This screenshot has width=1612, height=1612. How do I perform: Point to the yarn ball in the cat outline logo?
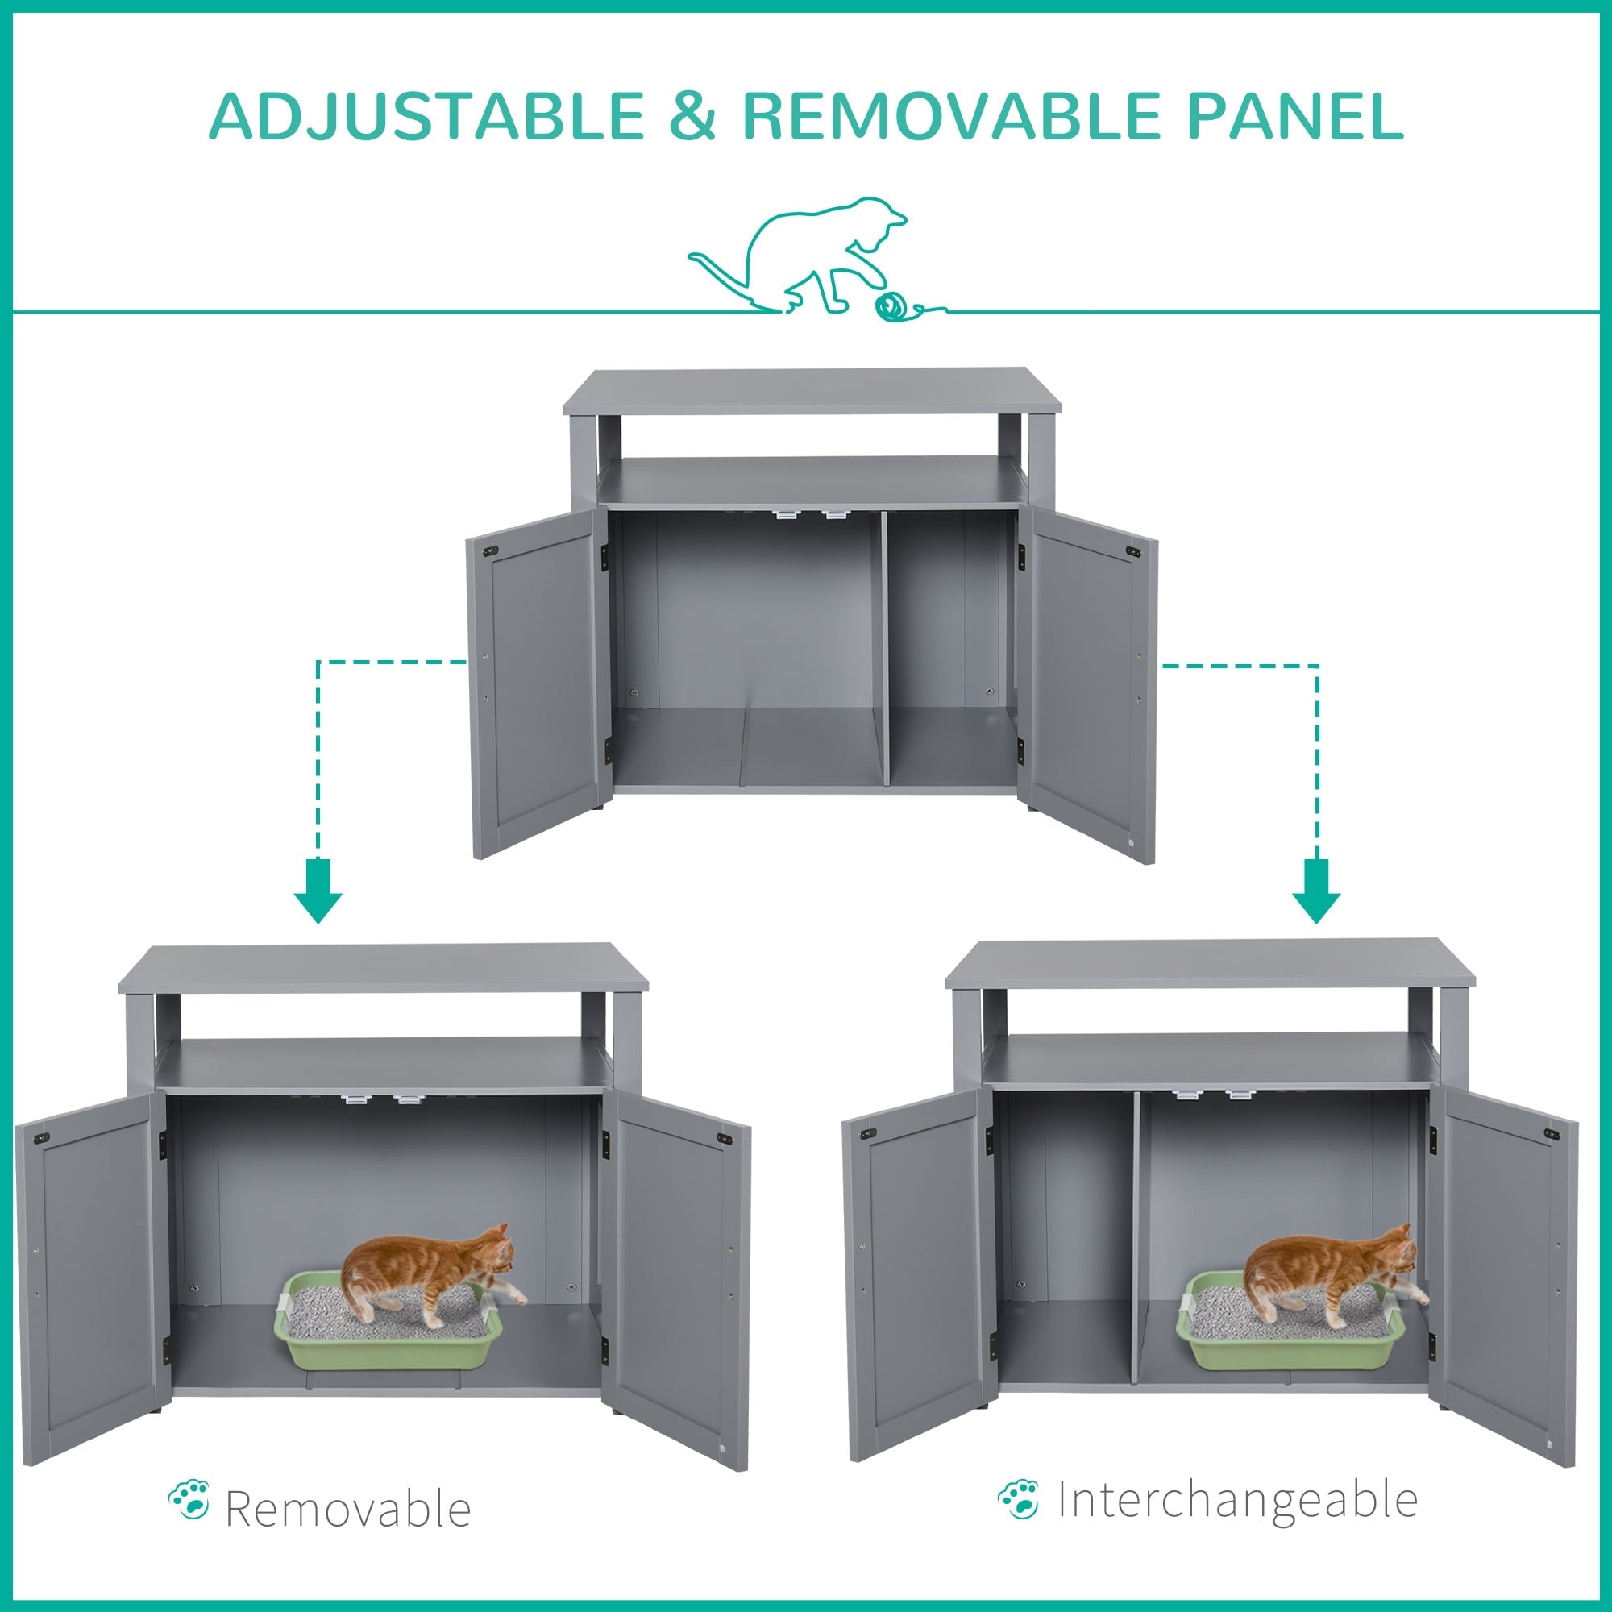point(891,307)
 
